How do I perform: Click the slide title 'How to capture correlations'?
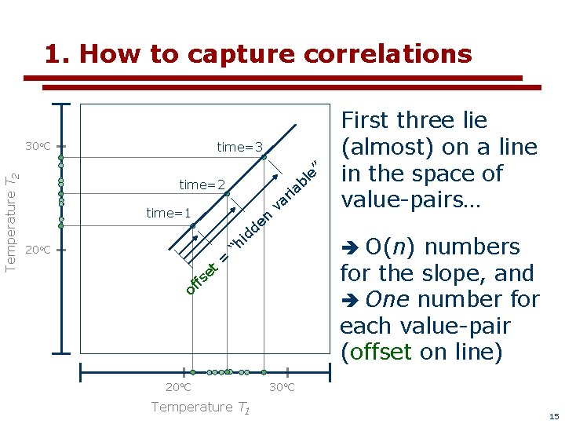click(258, 53)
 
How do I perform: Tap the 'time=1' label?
click(169, 214)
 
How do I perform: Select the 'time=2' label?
click(202, 185)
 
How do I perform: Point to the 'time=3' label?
click(240, 147)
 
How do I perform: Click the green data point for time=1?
click(193, 226)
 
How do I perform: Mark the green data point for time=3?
click(264, 157)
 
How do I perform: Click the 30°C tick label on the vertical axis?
click(37, 147)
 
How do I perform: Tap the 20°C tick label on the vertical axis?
click(37, 250)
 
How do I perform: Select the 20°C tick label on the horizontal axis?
click(178, 387)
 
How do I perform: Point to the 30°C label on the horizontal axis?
click(282, 387)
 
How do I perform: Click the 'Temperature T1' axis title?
click(201, 407)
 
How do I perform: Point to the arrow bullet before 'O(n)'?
click(351, 247)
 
